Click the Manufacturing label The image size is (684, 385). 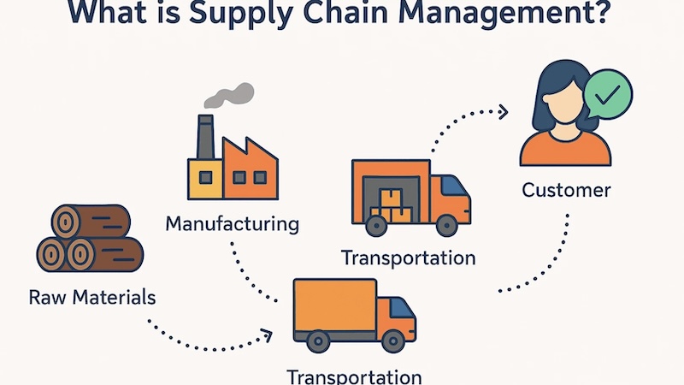[232, 224]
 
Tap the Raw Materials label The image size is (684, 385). [92, 298]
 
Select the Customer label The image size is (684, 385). [566, 190]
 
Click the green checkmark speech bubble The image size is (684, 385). [607, 94]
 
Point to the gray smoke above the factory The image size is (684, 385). [229, 96]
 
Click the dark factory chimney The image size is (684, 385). [205, 137]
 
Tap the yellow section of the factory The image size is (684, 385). [205, 179]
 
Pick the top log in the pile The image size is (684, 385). [91, 222]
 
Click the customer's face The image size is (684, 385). [565, 101]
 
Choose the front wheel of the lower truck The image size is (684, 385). [393, 341]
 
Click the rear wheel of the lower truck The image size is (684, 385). [318, 341]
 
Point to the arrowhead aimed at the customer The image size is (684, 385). [503, 112]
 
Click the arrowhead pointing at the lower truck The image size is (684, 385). [267, 336]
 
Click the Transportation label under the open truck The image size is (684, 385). [409, 258]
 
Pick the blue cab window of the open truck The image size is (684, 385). [454, 186]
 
